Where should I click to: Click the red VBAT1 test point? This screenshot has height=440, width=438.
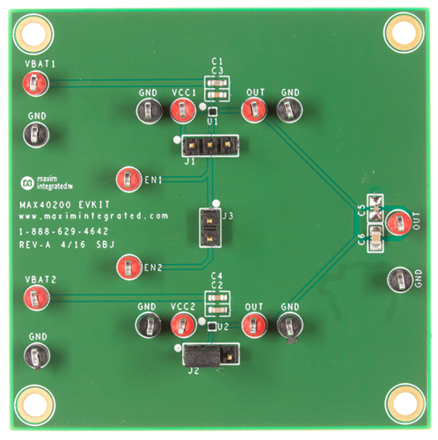[x=34, y=84]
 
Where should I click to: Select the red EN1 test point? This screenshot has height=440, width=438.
[x=129, y=179]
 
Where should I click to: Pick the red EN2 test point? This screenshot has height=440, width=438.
[x=129, y=265]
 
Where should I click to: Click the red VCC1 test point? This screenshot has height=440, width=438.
[x=182, y=111]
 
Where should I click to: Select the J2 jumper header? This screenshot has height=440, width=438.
[x=211, y=355]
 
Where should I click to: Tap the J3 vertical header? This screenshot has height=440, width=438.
[x=211, y=228]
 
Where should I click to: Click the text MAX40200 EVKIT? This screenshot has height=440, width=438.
[x=62, y=202]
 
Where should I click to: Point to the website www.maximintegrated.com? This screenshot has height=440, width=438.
[x=92, y=216]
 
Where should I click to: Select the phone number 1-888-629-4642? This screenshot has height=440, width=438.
[x=67, y=231]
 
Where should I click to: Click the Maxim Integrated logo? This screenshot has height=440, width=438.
[x=47, y=183]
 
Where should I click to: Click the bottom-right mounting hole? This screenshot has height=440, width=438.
[x=402, y=403]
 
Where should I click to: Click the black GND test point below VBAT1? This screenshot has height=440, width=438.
[x=36, y=135]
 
